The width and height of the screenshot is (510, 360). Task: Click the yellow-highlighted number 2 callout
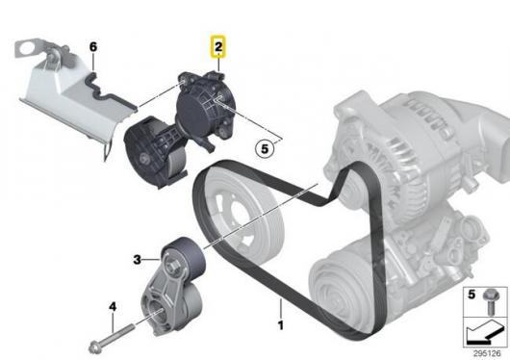218,46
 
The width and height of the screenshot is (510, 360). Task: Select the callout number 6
93,47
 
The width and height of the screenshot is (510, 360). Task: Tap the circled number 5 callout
265,149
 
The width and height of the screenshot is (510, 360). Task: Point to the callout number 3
138,260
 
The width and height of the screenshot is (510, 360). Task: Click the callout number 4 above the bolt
113,306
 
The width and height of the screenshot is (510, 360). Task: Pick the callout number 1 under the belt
281,325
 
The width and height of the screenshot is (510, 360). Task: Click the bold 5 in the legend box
472,295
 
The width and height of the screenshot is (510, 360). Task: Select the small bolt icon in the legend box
490,301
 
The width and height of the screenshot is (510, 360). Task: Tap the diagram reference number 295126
487,353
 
